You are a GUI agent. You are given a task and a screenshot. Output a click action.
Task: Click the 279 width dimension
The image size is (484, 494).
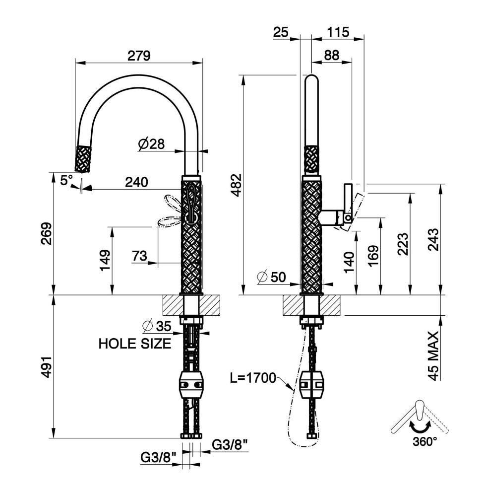[x=139, y=56]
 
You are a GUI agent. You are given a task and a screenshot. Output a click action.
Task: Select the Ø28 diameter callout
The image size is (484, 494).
[x=151, y=144]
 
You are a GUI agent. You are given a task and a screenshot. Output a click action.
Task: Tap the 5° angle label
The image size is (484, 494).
[x=66, y=181]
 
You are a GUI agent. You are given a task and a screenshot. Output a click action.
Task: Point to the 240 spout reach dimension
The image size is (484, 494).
[x=136, y=182]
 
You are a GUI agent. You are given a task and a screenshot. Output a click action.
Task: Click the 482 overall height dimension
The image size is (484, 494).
[x=236, y=185]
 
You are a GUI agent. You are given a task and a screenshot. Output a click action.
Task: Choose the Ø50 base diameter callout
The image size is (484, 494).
[x=271, y=277]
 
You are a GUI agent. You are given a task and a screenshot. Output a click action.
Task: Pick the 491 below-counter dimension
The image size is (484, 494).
[x=46, y=367]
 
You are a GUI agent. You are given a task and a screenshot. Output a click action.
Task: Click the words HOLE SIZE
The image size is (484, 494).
[x=135, y=344]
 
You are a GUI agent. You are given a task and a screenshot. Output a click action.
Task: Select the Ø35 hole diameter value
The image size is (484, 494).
[x=156, y=326]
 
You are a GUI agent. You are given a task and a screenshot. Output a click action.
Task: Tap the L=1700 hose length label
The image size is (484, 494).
[x=253, y=378]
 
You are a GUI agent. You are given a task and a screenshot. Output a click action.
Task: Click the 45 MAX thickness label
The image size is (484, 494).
[x=433, y=355]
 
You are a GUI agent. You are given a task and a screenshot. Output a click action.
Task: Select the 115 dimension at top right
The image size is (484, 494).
[x=338, y=32]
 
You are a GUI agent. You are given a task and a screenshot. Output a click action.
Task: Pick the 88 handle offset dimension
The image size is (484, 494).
[x=332, y=55]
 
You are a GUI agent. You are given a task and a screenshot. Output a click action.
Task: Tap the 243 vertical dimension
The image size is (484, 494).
[x=433, y=239]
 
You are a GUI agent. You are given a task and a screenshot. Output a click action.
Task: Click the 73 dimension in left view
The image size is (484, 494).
[x=139, y=256]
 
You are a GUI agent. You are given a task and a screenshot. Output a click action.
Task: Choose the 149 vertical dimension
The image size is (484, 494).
[x=105, y=260]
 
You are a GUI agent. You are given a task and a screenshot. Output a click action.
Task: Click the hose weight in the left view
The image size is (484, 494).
[x=191, y=384]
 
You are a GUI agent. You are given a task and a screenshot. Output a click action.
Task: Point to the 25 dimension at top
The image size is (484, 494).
[x=281, y=32]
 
